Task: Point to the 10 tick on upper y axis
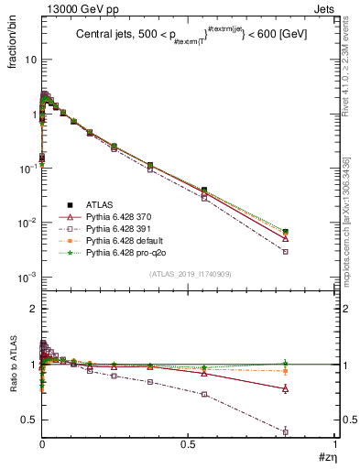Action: click(x=29, y=59)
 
